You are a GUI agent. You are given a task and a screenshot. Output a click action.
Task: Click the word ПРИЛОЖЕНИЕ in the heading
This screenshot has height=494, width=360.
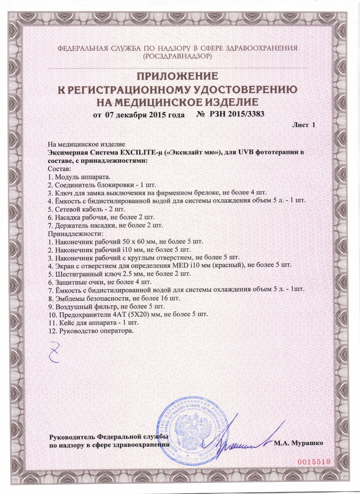[x=178, y=76]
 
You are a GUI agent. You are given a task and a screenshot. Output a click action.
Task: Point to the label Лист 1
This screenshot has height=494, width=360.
[x=303, y=125]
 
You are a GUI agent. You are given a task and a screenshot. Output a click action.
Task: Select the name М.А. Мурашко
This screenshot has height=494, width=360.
[x=298, y=451]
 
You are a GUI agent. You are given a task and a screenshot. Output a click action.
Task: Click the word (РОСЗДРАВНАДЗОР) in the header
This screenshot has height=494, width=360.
[x=178, y=56]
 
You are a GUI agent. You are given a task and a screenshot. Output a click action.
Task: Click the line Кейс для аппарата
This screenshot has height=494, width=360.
[x=93, y=323]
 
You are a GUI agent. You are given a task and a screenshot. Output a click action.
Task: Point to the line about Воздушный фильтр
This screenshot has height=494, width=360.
[x=106, y=307]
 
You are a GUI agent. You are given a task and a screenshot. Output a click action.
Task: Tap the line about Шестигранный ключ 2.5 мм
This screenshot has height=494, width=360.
[x=119, y=274]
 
